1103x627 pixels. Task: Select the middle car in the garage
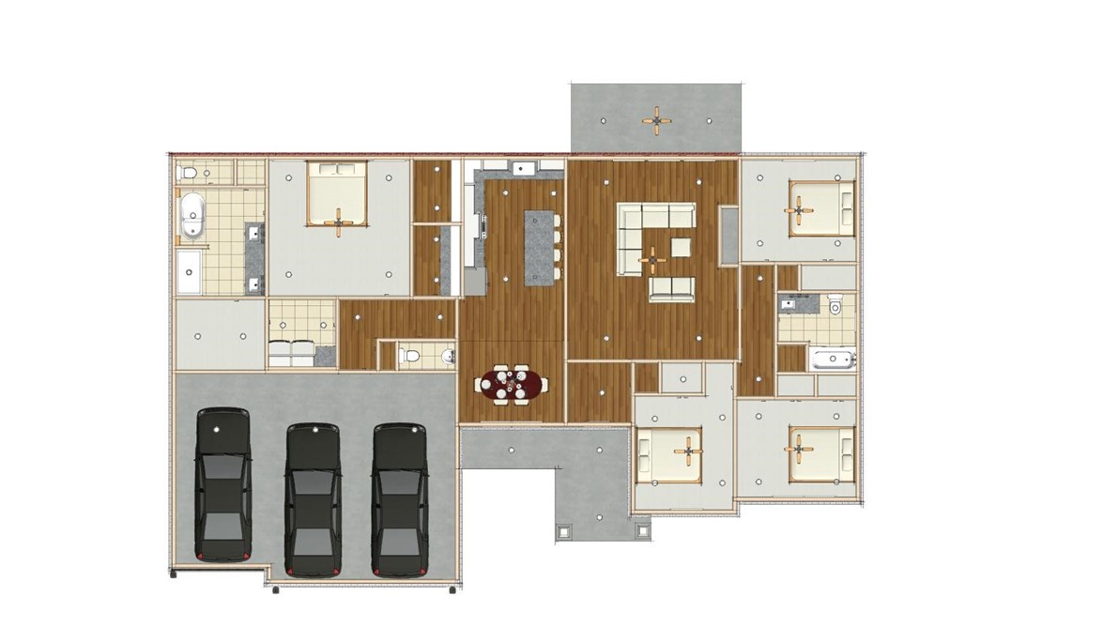[313, 498]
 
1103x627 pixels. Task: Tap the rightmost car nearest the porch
[400, 498]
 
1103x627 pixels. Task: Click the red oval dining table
[511, 384]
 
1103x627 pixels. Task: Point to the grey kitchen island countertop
[539, 246]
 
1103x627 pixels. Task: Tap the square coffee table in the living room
[681, 247]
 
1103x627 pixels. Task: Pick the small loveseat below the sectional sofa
[672, 288]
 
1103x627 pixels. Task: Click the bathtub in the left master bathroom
[191, 215]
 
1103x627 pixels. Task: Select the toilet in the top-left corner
[187, 173]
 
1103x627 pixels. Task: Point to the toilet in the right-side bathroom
[835, 305]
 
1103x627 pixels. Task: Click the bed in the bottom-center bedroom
[670, 454]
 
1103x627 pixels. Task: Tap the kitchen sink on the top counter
[522, 169]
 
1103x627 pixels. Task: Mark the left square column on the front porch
[563, 531]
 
